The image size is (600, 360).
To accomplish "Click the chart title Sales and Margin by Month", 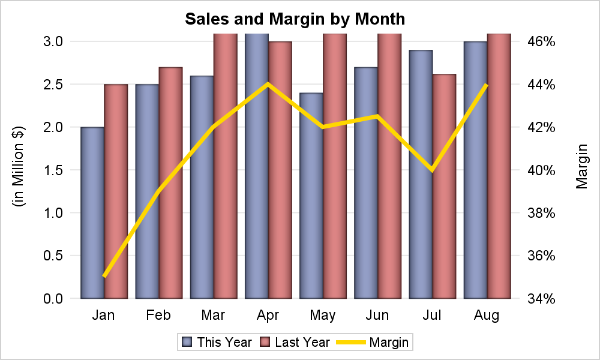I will (295, 19).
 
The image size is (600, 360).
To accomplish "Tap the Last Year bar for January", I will (116, 191).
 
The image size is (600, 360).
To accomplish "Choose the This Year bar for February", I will (147, 191).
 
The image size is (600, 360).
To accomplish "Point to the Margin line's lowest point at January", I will (104, 277).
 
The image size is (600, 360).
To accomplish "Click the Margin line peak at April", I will (268, 84).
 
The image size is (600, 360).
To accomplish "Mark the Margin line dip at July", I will (432, 170).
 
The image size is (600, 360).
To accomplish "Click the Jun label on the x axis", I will (377, 315).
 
